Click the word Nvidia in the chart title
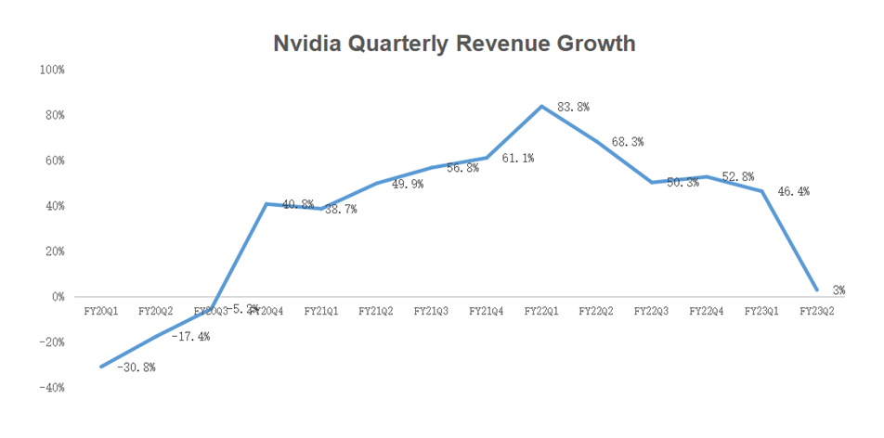point(306,44)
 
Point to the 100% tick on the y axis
point(51,71)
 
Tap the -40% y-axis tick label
point(51,388)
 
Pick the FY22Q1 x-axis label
point(541,311)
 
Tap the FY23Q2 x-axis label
point(816,311)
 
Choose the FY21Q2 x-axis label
point(376,311)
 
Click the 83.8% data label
point(574,108)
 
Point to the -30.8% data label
point(136,367)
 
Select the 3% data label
point(838,291)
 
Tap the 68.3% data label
point(628,142)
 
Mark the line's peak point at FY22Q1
point(541,106)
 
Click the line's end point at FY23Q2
point(816,290)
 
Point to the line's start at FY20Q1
point(101,367)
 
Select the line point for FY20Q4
point(266,204)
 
